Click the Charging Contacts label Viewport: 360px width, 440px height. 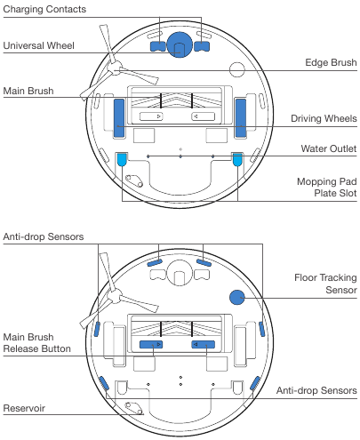click(44, 9)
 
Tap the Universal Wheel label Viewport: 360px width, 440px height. click(39, 45)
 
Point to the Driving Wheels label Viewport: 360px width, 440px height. click(324, 118)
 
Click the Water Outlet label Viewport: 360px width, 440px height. click(329, 148)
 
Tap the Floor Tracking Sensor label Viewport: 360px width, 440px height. click(325, 284)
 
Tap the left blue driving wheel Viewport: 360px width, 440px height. click(119, 116)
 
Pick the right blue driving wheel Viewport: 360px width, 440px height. click(240, 116)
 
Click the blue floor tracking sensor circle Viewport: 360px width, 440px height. click(238, 299)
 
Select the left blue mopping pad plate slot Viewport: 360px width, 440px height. click(122, 161)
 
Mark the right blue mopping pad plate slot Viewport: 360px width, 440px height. click(236, 161)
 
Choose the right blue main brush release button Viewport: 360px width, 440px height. click(205, 344)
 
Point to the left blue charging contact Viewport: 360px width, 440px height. click(157, 44)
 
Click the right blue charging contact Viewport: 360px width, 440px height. click(203, 44)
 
